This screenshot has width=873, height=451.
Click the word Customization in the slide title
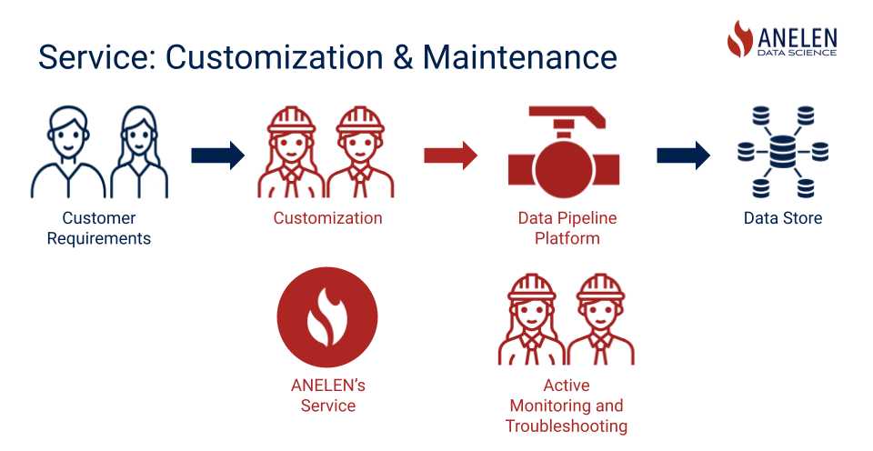[275, 56]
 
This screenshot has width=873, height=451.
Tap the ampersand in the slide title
[403, 56]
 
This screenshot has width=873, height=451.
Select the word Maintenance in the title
[520, 56]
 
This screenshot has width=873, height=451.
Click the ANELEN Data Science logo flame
[740, 39]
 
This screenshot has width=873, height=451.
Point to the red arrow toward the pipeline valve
[450, 155]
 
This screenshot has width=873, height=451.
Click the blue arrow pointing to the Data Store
[683, 155]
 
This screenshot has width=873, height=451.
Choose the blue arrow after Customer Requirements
[217, 155]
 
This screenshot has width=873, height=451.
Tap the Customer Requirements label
[98, 228]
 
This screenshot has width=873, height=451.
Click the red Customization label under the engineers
[327, 217]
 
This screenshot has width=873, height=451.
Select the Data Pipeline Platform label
[567, 228]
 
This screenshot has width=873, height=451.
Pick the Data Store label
[783, 217]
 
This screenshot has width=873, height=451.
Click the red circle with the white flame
[327, 317]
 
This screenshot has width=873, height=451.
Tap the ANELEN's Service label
[327, 396]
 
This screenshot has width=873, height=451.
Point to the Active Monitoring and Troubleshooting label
[567, 406]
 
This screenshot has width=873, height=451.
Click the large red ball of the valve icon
[564, 167]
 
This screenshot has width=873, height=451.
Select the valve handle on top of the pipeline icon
[567, 117]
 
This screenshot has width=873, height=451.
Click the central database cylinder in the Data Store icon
[783, 152]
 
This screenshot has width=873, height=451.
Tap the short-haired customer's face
[68, 137]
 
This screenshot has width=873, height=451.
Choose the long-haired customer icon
[139, 152]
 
